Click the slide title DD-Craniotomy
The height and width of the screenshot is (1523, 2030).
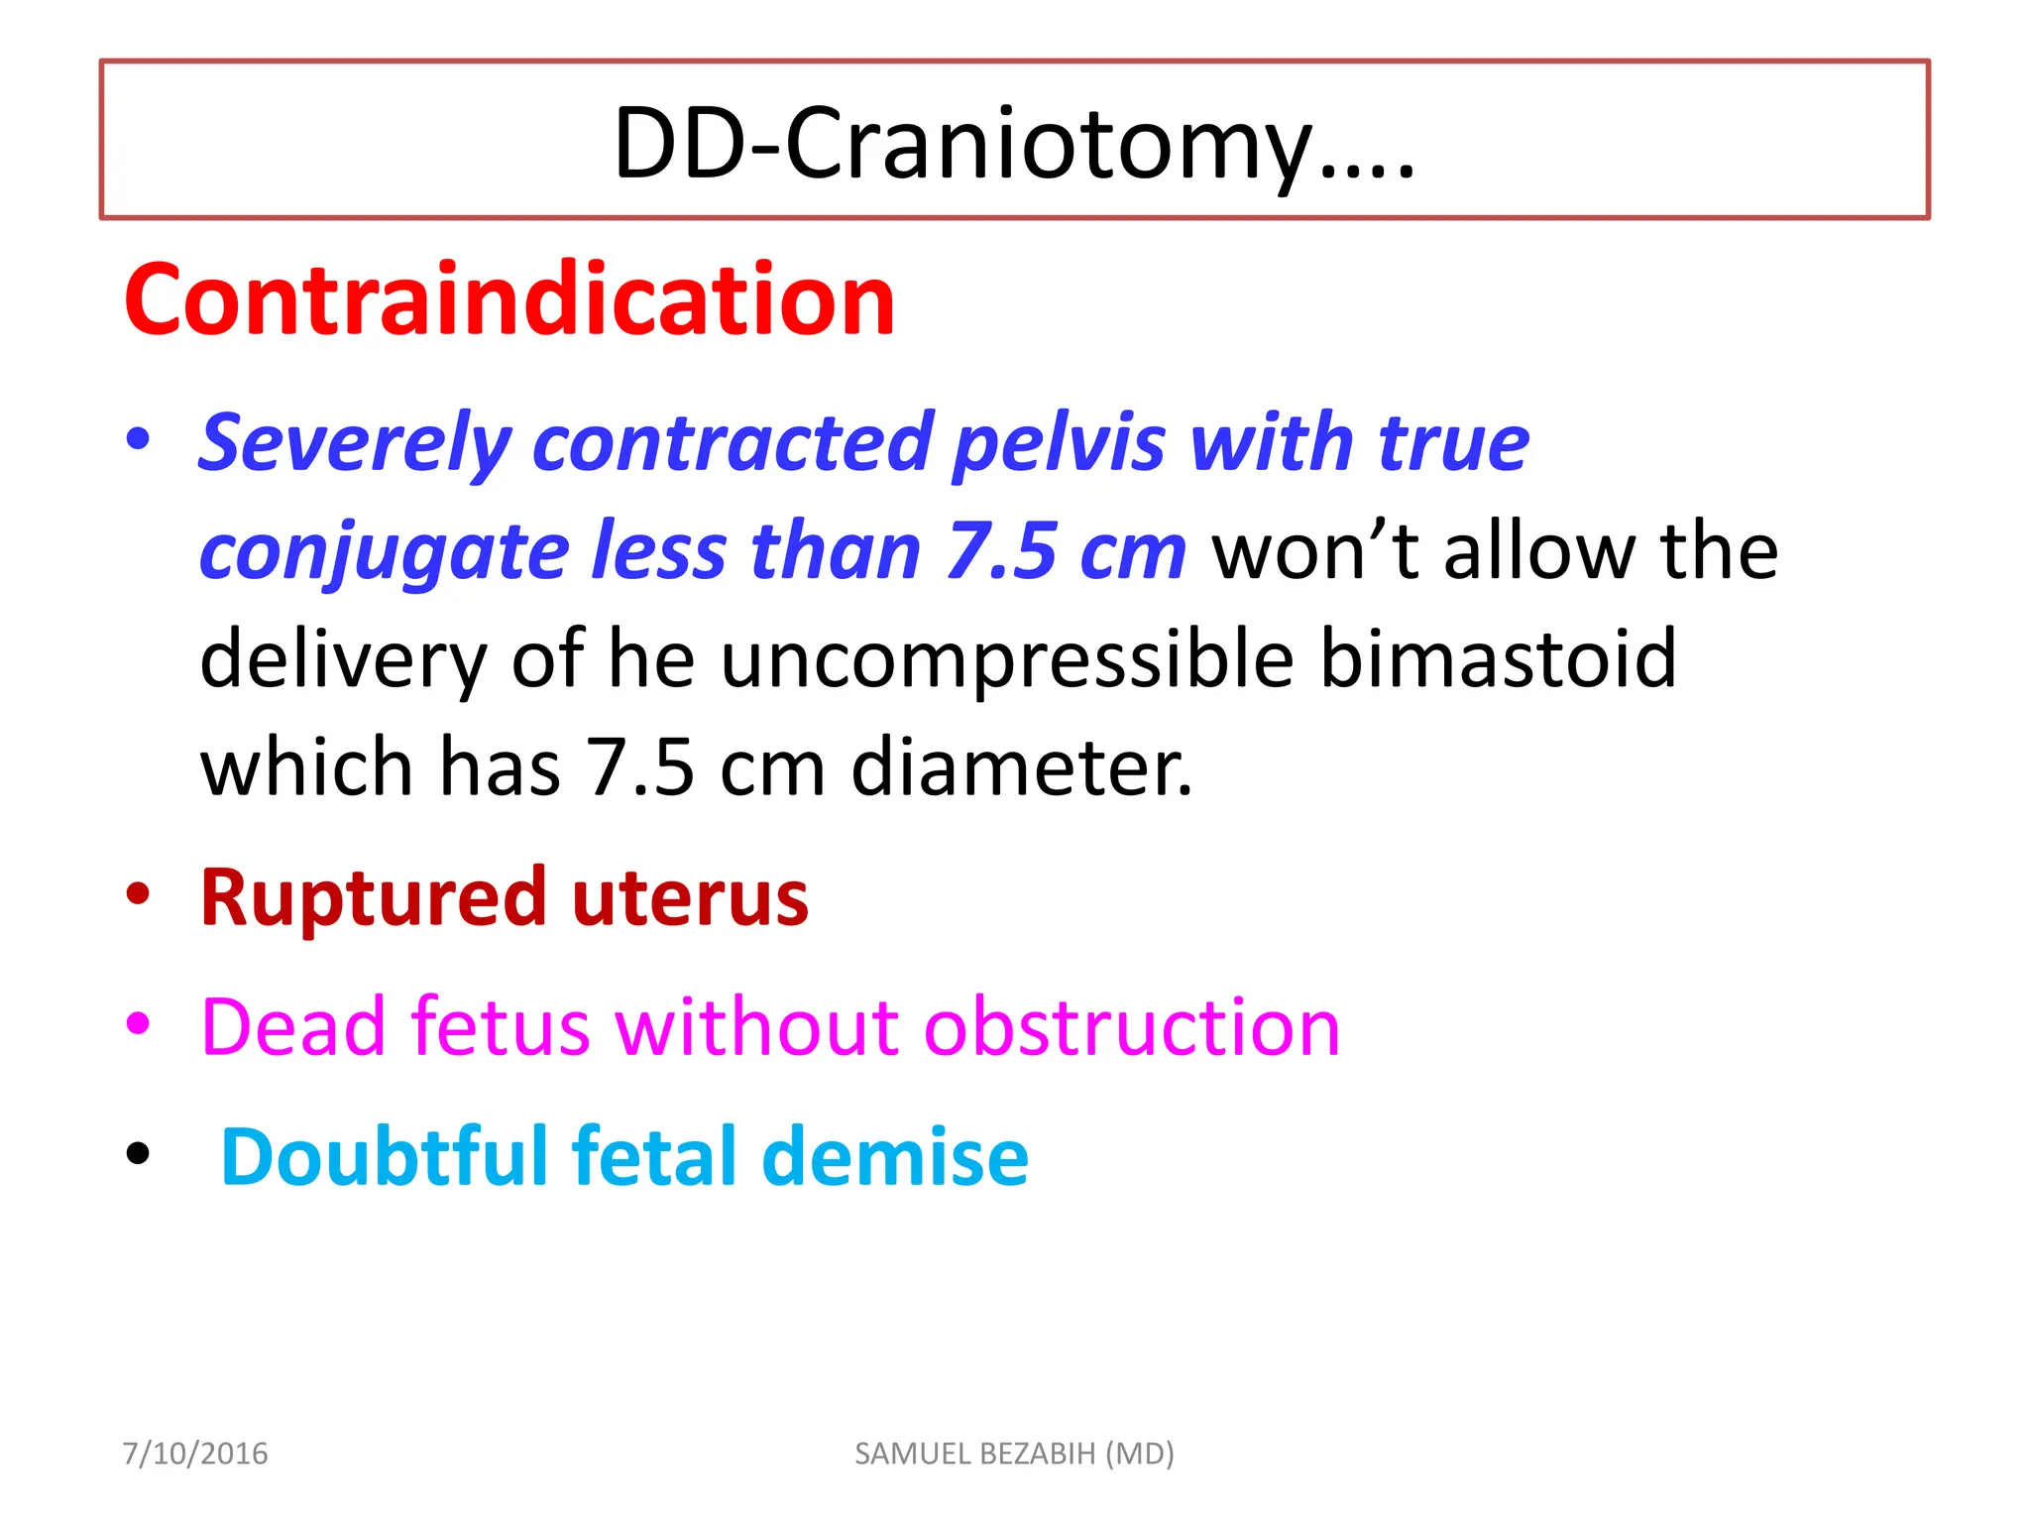[x=1014, y=144]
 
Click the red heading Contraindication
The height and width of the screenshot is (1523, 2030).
[x=509, y=299]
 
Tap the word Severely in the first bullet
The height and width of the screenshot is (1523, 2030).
[x=355, y=442]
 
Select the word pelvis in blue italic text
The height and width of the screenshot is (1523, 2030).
[x=1058, y=442]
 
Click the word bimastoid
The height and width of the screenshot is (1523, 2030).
[x=1498, y=658]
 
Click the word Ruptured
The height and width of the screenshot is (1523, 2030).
[x=373, y=898]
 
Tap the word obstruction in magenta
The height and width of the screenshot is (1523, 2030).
[x=1131, y=1027]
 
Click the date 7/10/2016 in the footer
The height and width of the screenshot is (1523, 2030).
[x=195, y=1454]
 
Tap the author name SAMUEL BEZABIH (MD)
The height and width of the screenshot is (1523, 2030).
[x=1014, y=1454]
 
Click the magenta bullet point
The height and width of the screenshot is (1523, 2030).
[x=139, y=1022]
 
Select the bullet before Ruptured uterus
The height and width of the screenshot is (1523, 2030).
[x=139, y=893]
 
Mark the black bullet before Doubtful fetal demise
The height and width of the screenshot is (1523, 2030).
[x=139, y=1153]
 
